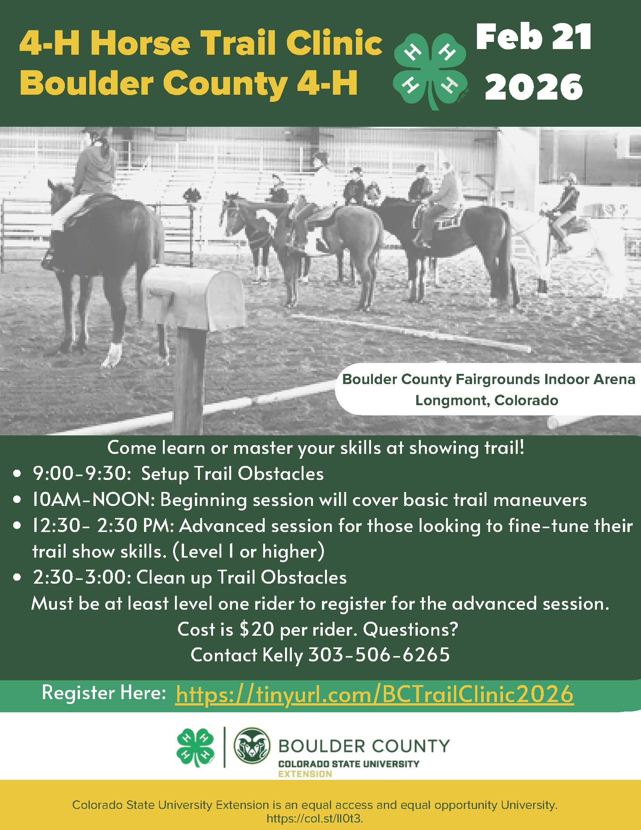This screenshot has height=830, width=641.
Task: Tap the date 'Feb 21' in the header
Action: tap(534, 37)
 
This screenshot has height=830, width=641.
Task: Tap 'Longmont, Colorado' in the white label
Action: tap(486, 401)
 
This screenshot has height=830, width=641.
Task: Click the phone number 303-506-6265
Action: tap(379, 655)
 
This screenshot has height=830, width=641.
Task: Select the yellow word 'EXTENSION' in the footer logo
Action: tap(305, 774)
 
